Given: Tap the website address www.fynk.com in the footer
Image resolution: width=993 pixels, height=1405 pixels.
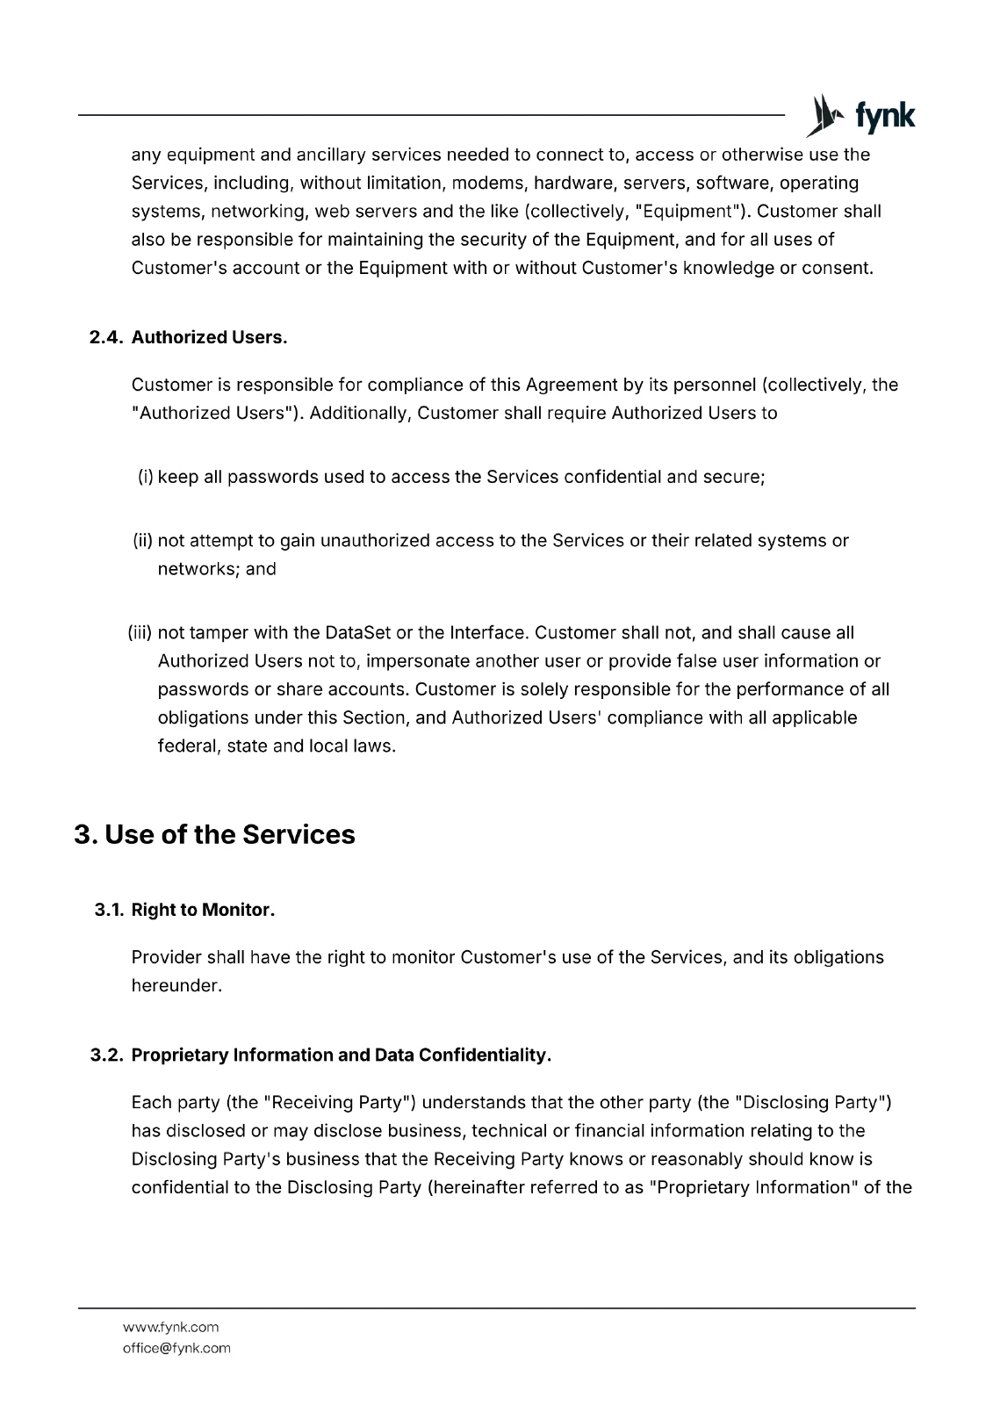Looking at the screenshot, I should (x=170, y=1327).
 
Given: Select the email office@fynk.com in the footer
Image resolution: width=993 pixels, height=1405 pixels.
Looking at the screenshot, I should (x=176, y=1348).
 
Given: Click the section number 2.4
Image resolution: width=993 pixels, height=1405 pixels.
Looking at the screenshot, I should (x=107, y=338).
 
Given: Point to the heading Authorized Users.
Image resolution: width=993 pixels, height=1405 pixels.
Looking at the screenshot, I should (x=209, y=338).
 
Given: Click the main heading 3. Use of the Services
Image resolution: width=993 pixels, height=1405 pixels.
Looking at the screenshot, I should (x=214, y=834).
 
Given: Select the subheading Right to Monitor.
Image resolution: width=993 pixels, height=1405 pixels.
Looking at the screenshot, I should (x=203, y=911).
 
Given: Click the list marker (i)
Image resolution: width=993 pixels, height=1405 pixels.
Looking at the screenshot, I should (x=146, y=477).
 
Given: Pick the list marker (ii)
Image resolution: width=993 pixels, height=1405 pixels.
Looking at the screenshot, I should (x=143, y=541).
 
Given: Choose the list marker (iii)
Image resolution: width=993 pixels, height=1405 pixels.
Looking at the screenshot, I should (x=140, y=633).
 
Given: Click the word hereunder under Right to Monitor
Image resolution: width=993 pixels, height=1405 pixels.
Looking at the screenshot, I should (x=176, y=986).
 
